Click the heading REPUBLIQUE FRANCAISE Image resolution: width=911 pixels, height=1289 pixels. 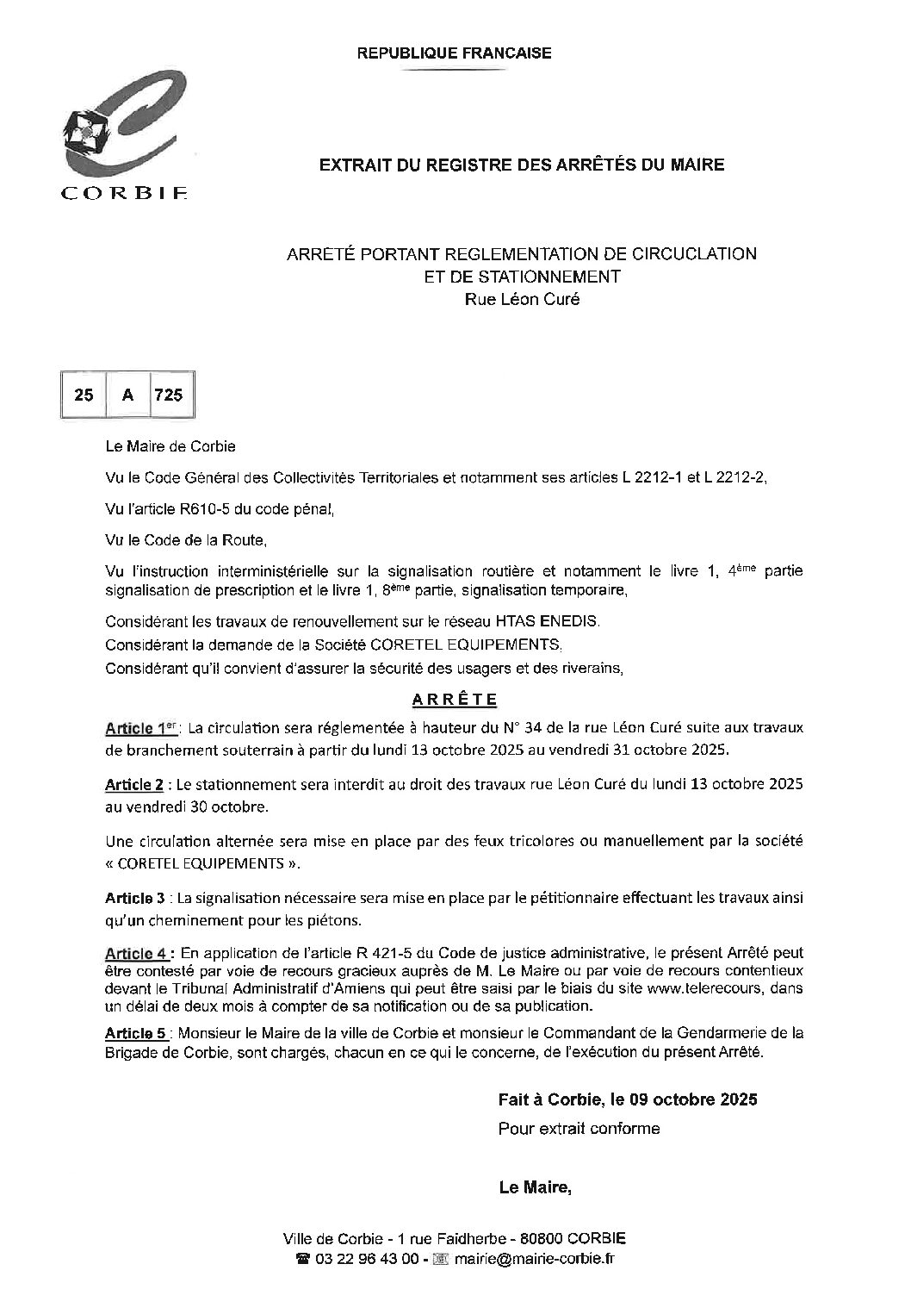point(454,53)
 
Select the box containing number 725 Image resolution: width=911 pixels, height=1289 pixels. point(169,395)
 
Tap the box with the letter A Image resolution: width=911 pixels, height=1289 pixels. point(128,395)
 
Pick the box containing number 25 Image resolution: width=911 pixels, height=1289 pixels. point(84,395)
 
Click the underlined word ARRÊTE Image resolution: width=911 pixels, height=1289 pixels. point(455,700)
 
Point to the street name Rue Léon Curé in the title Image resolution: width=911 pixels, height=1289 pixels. point(522,300)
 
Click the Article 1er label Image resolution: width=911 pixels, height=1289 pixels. point(140,729)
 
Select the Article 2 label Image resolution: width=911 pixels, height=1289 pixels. point(134,785)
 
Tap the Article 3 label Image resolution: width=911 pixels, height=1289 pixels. point(134,898)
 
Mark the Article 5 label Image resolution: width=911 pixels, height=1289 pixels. point(135,1032)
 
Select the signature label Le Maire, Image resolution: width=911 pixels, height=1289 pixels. point(535,1187)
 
